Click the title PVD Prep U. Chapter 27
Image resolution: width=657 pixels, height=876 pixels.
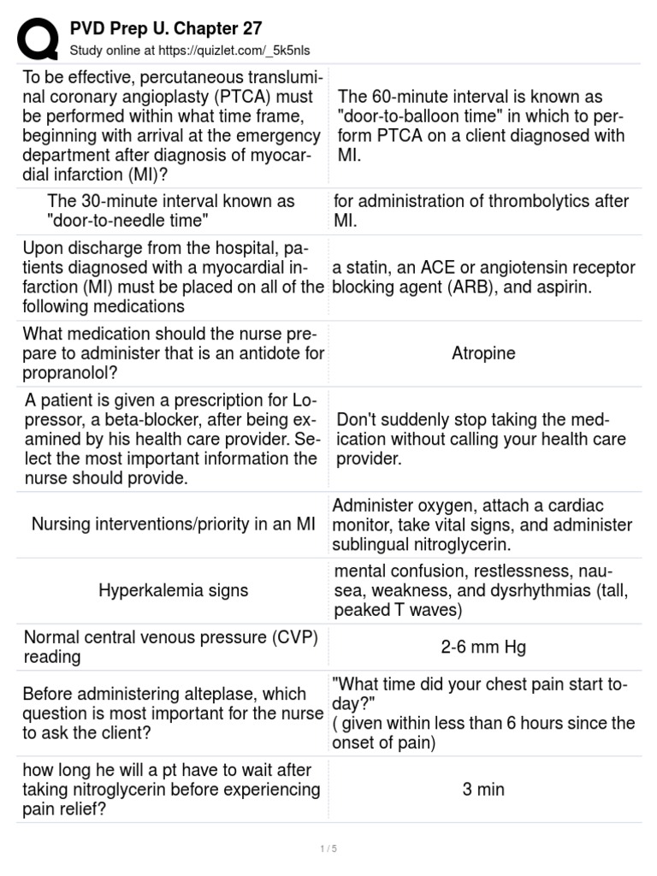coord(166,29)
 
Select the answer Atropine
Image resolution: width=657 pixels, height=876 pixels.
coord(483,353)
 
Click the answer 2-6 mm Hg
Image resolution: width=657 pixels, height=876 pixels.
coord(483,648)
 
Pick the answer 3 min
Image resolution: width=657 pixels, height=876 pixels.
coord(483,789)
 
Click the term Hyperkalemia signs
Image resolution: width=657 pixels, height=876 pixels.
coord(174,590)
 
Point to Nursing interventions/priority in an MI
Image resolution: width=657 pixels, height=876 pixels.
coord(174,524)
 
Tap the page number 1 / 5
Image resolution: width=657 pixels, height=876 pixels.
coord(328,849)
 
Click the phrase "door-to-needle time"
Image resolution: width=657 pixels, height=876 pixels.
coord(128,222)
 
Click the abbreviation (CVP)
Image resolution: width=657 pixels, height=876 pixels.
coord(286,637)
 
